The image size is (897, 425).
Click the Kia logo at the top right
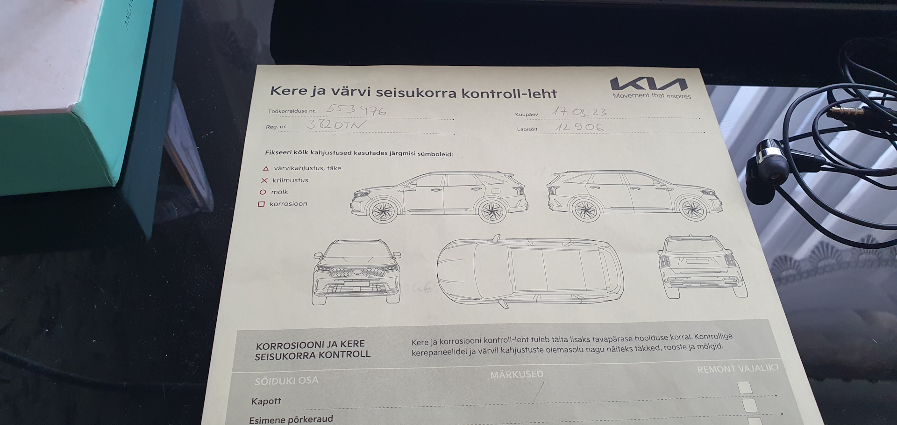pos(648,84)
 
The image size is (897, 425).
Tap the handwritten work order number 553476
pos(356,110)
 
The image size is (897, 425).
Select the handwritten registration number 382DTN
pos(335,124)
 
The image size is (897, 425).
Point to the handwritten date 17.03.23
pos(579,112)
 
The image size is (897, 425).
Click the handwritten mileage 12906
pos(579,127)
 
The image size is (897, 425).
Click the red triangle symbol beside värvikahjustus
pos(265,168)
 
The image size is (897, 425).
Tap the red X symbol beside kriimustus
pos(264,180)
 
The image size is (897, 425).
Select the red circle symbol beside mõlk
pos(263,192)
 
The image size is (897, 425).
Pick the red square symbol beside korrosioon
pos(261,204)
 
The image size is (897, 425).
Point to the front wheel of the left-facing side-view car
pos(383,211)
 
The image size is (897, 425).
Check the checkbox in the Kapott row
pos(744,387)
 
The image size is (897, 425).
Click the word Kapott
pos(266,401)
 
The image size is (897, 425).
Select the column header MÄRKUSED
pos(516,375)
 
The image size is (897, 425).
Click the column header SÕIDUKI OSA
pos(286,381)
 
